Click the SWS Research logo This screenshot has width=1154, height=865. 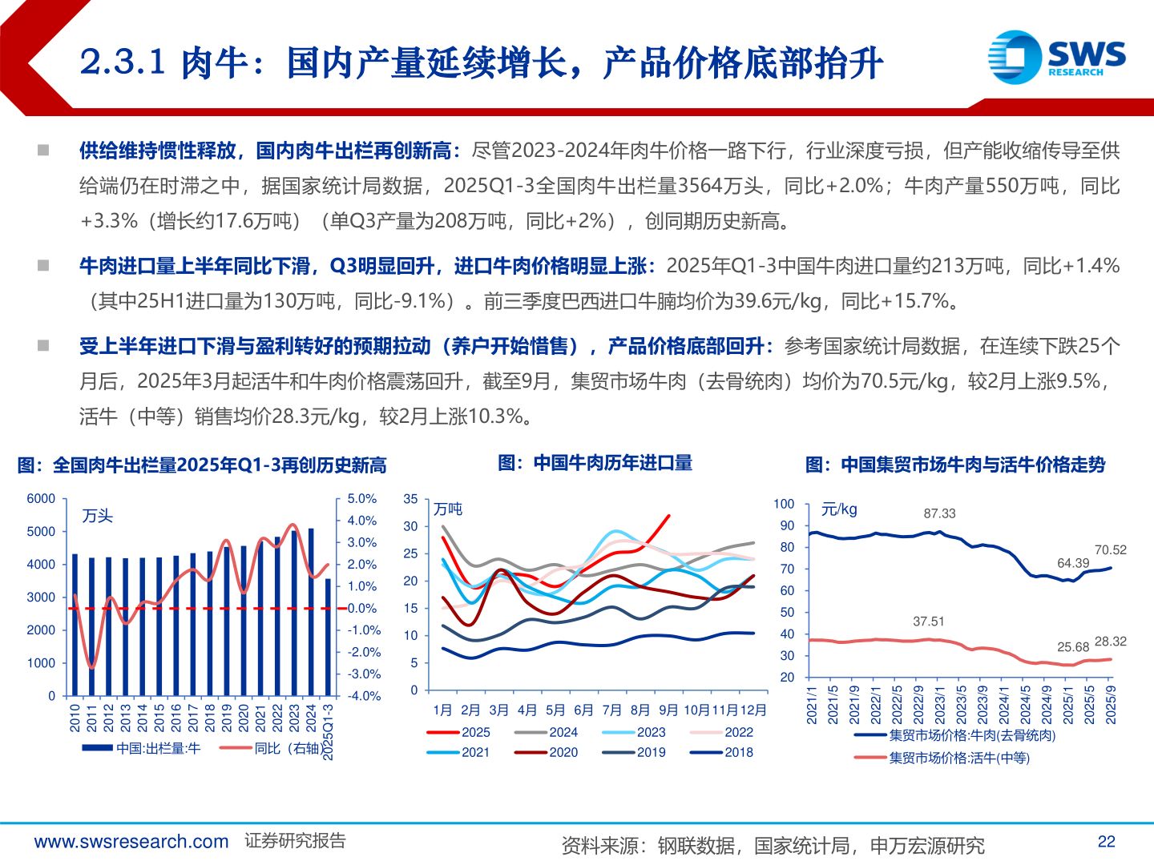pos(1056,56)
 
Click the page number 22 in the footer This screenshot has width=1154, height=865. pos(1106,841)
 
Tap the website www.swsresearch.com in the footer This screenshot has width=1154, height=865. pos(131,842)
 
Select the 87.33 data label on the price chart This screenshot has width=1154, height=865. pos(939,513)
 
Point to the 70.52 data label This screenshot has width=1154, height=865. pos(1110,549)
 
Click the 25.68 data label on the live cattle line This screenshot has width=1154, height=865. pos(1072,647)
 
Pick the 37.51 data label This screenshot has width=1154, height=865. pos(928,622)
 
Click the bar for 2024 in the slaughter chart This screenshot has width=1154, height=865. pos(311,611)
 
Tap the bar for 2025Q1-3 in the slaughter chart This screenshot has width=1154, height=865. pos(327,637)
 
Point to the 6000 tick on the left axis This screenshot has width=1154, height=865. pos(41,499)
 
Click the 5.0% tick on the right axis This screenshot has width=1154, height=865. pos(361,499)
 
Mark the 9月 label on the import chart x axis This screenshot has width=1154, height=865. pos(668,710)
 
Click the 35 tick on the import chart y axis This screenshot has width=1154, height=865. pos(410,499)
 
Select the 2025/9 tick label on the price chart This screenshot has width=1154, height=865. pos(1111,705)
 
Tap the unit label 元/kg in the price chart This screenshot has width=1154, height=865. pos(839,509)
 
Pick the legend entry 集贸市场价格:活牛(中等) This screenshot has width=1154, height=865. pos(958,758)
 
